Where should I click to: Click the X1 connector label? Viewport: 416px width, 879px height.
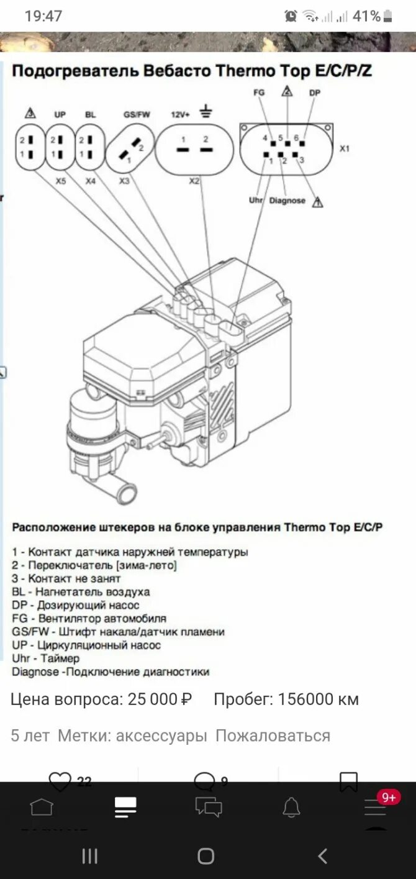[x=345, y=149]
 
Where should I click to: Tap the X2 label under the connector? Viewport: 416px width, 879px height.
[x=194, y=181]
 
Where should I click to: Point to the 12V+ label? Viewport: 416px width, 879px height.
[x=179, y=115]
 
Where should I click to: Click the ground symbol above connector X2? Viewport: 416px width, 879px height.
[x=206, y=112]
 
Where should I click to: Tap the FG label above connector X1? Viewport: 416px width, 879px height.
[x=259, y=93]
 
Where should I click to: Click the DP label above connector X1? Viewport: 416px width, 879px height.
[x=314, y=93]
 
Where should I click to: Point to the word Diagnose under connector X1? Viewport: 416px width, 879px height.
[x=287, y=201]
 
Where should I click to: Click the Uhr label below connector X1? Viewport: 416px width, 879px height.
[x=256, y=201]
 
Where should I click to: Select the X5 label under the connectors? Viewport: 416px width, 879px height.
[x=61, y=181]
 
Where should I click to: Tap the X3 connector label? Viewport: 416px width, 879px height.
[x=125, y=181]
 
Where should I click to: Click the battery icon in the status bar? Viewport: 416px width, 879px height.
[x=388, y=16]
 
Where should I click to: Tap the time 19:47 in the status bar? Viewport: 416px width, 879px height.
[x=43, y=16]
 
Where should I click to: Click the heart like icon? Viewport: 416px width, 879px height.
[x=60, y=781]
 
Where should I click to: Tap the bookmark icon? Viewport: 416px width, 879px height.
[x=348, y=781]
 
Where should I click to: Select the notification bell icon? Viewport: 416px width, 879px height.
[x=291, y=807]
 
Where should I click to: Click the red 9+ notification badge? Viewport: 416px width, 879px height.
[x=389, y=797]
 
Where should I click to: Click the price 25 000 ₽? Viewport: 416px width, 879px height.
[x=160, y=699]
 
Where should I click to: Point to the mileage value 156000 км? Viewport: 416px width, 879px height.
[x=318, y=699]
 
